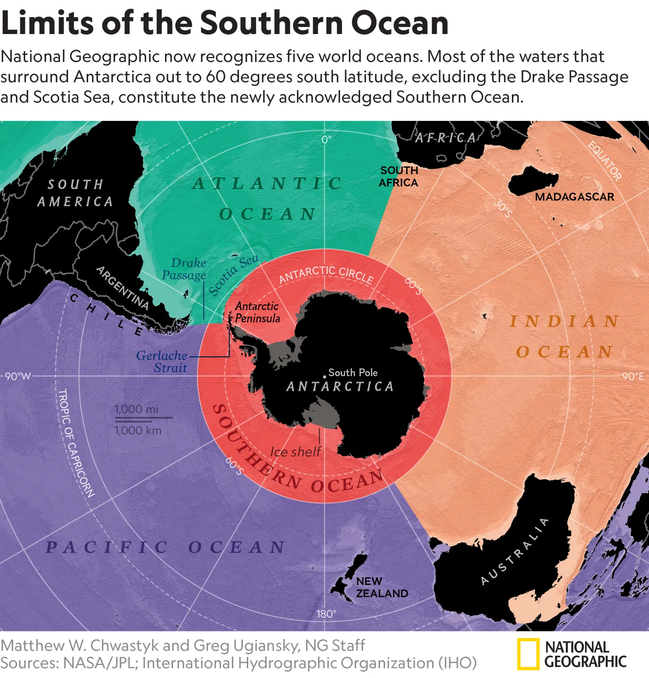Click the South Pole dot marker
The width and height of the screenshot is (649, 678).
click(x=324, y=377)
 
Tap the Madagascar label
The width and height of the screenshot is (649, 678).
click(x=574, y=197)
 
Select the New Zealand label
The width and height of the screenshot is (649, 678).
click(x=381, y=587)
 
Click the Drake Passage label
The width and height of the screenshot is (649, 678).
click(x=184, y=269)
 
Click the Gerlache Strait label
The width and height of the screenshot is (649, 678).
click(x=162, y=362)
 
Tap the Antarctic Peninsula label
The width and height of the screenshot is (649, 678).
click(x=257, y=312)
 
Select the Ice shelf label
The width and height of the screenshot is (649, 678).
click(x=295, y=452)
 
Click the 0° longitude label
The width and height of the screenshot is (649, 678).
click(x=327, y=140)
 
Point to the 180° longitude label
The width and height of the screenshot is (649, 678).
click(x=326, y=614)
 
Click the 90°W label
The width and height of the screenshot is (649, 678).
click(x=18, y=376)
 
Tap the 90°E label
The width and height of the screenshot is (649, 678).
click(x=633, y=376)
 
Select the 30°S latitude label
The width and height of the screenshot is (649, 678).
click(x=503, y=209)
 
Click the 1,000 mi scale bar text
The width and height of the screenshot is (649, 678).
click(x=136, y=409)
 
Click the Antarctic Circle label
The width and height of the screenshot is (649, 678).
click(x=326, y=274)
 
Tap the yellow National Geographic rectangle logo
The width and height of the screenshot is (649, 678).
click(x=528, y=654)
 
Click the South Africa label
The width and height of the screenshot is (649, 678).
click(x=399, y=176)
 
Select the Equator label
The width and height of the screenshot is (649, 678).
click(x=605, y=161)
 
